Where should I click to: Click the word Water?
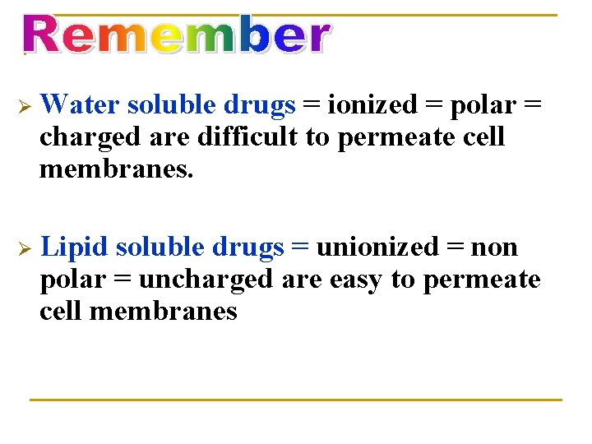pyautogui.click(x=80, y=104)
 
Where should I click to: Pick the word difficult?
pyautogui.click(x=252, y=136)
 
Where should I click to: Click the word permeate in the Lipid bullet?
pyautogui.click(x=481, y=280)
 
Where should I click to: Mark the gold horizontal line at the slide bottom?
pyautogui.click(x=295, y=400)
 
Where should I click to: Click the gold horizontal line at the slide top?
pyautogui.click(x=444, y=15)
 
